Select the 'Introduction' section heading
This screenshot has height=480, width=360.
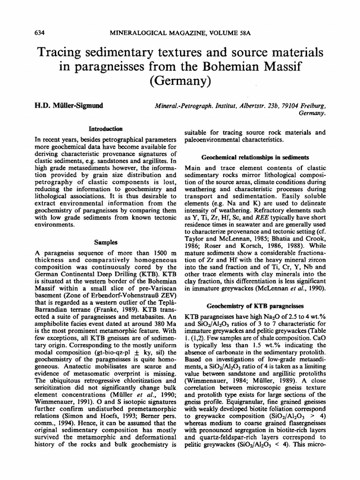[105, 127]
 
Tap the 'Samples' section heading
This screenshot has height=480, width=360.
[105, 242]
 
